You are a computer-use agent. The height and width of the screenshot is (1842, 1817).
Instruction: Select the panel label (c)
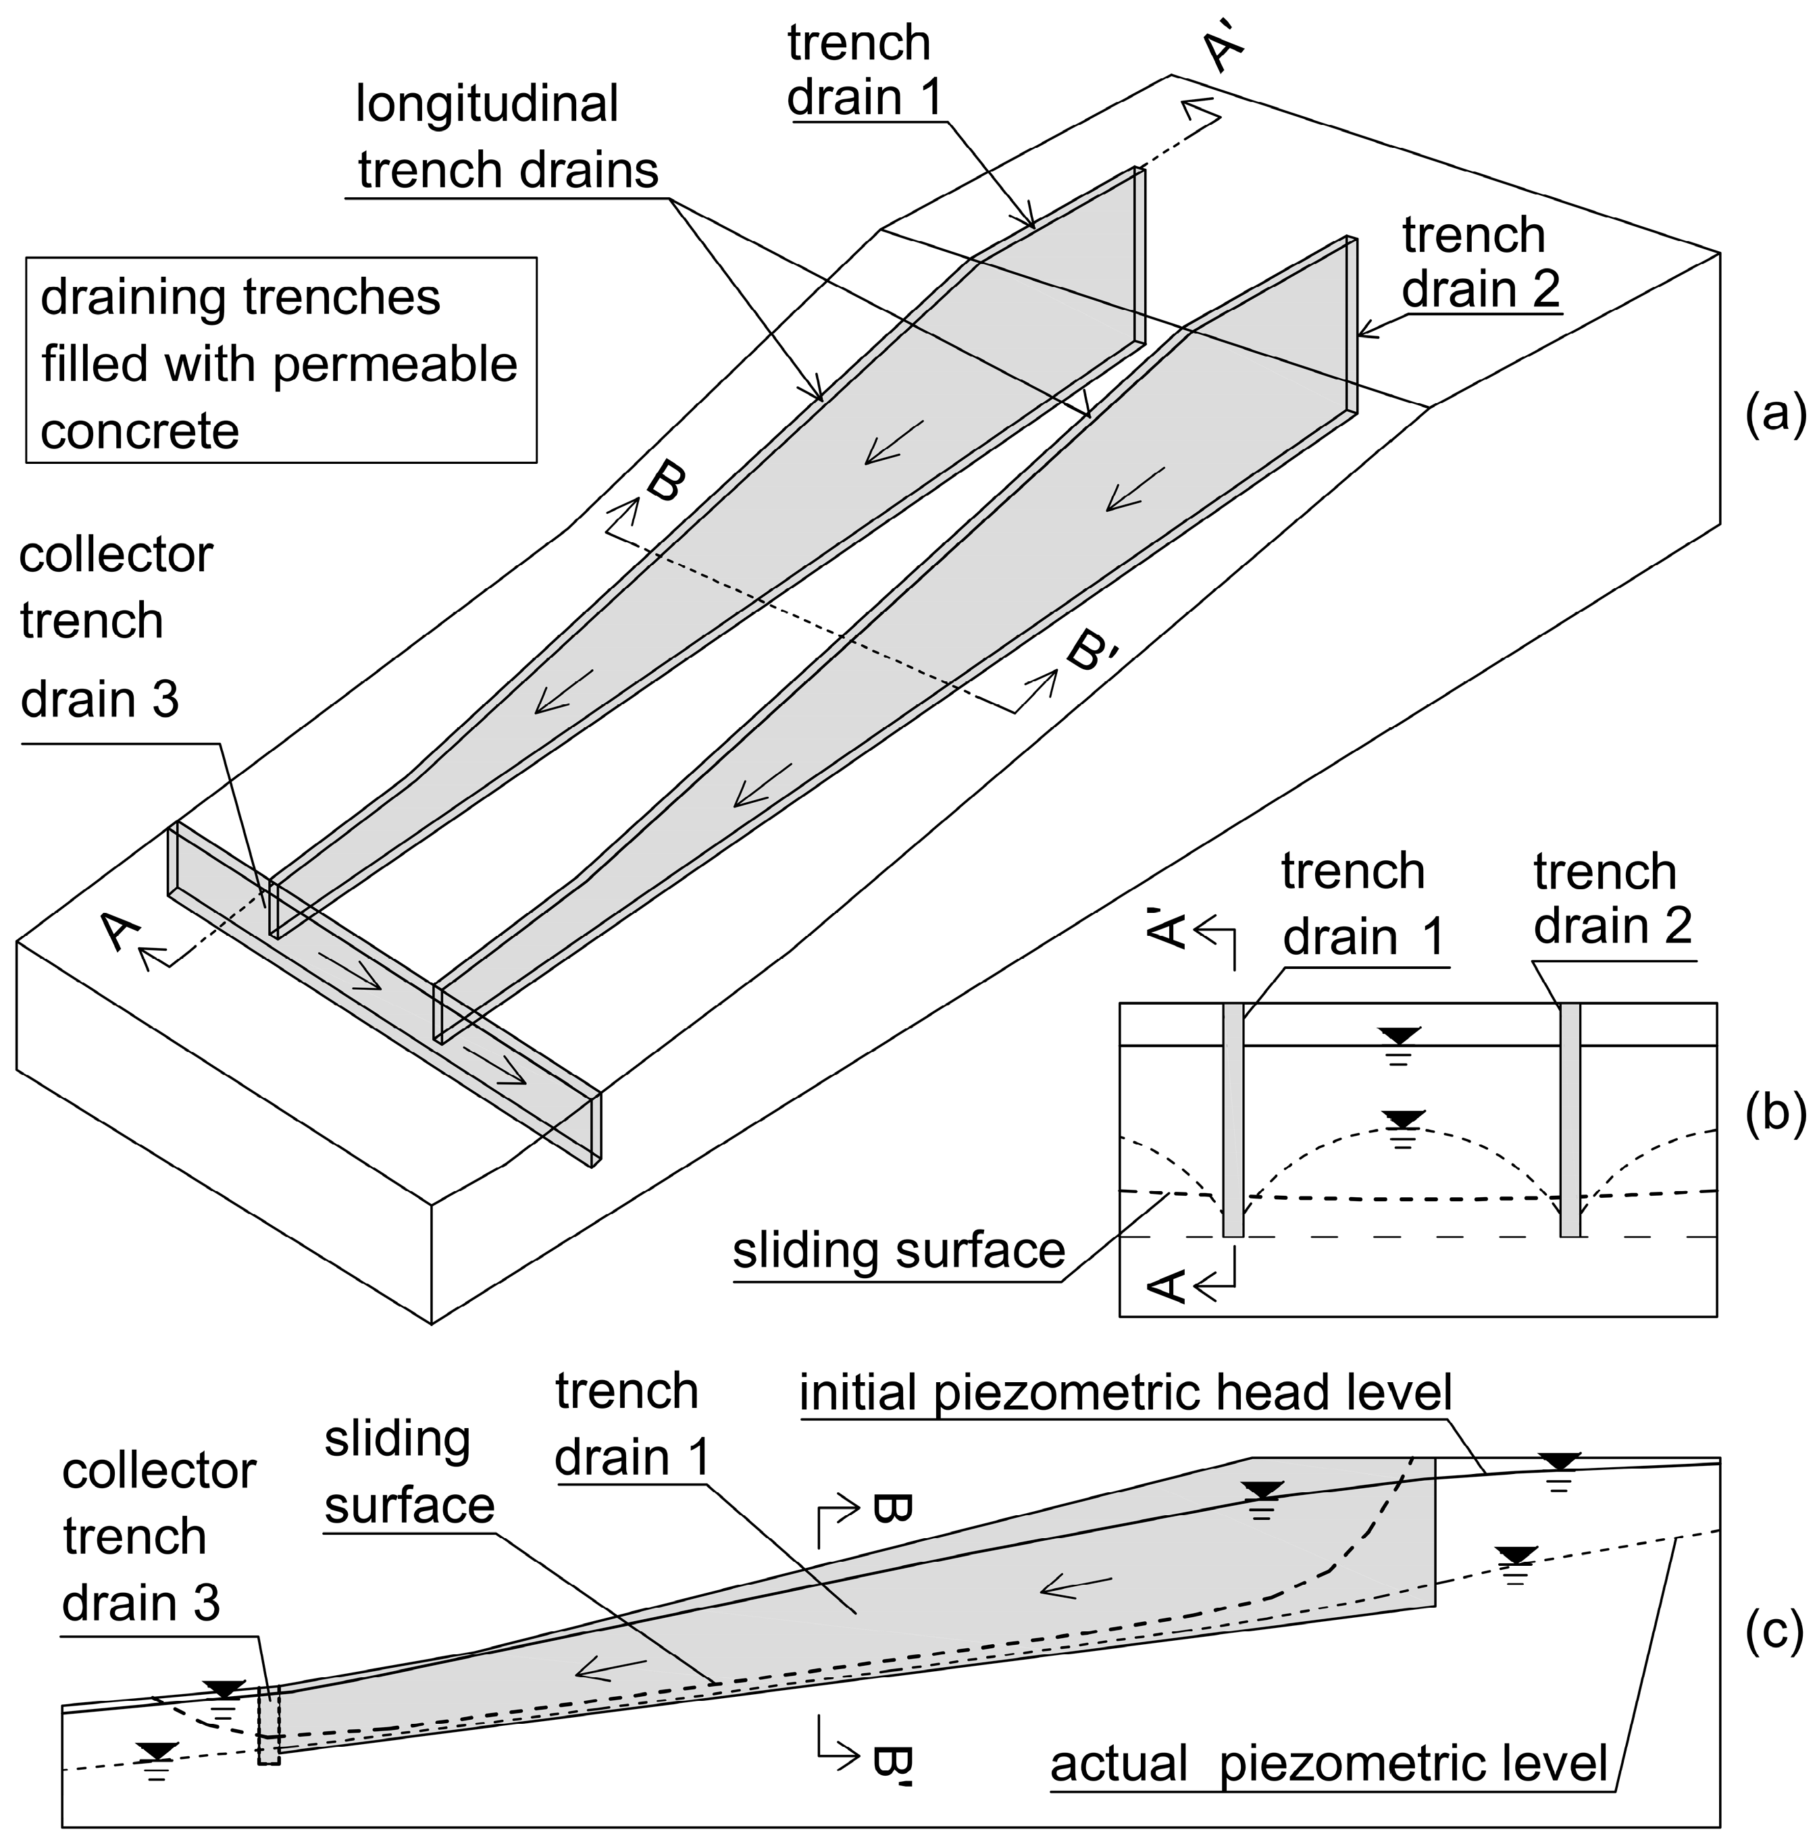point(1774,1631)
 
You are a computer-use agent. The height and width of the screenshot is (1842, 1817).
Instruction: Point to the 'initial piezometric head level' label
point(1125,1393)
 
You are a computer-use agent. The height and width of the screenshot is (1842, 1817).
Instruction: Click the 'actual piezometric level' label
point(1329,1764)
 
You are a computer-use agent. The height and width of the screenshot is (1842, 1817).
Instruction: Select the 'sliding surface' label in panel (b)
point(898,1251)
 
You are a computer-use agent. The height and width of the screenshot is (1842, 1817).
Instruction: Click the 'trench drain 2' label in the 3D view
point(1479,262)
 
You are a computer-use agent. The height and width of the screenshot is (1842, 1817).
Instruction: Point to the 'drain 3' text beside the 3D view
point(99,700)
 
